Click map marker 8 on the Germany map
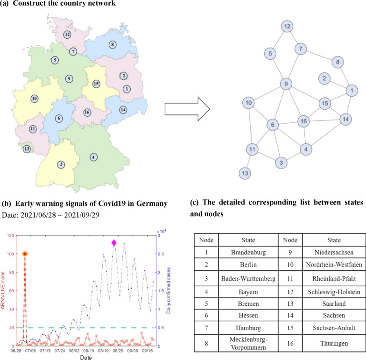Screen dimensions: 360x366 point(112,45)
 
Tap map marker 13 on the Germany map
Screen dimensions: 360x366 point(27,149)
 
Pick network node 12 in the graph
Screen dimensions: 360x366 point(288,26)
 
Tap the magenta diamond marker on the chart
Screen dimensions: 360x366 point(113,243)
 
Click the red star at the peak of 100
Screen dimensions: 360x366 point(25,254)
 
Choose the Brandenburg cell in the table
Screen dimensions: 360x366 point(248,253)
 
